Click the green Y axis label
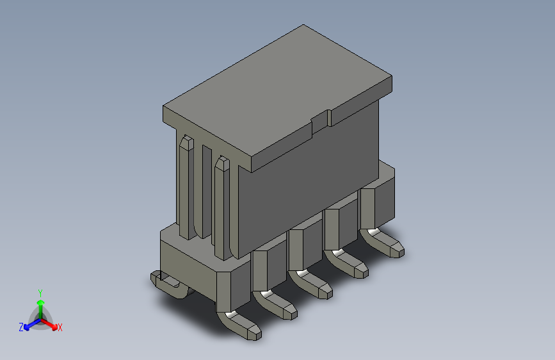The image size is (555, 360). [x=40, y=292]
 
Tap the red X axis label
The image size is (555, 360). [x=60, y=327]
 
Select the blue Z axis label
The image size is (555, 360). [x=21, y=327]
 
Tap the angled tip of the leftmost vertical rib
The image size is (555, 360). [x=186, y=142]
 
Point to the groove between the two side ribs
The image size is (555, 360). [x=205, y=192]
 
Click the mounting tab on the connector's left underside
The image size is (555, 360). [x=168, y=282]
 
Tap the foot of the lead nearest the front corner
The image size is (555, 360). [x=246, y=327]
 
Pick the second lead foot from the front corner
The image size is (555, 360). [x=282, y=307]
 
